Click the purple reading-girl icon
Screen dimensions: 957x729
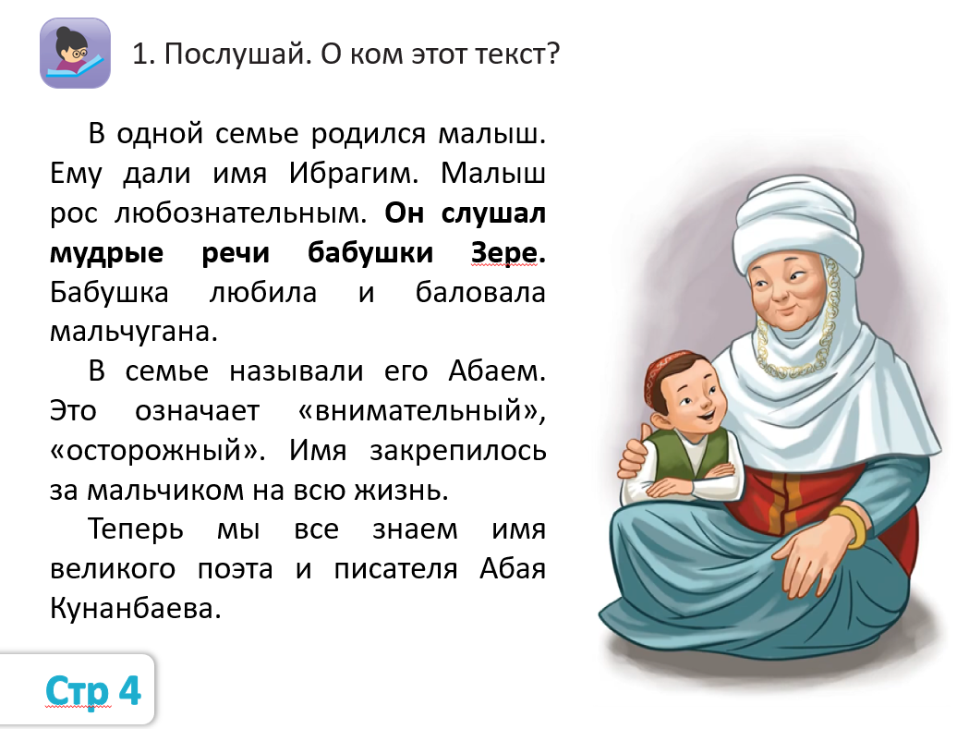pos(75,53)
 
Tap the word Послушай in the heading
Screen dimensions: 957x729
pos(235,55)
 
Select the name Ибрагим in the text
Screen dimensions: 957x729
pos(354,174)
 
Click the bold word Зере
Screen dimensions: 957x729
pos(508,253)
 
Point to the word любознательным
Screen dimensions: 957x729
pos(240,213)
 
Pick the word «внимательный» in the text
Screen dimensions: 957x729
pos(421,411)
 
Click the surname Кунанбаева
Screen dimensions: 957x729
pos(135,609)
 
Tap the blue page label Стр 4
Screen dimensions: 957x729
pos(93,691)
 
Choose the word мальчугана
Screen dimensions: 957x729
pos(134,332)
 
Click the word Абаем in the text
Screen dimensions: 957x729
pos(497,371)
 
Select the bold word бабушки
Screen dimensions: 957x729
pos(370,253)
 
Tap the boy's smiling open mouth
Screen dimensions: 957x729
pos(704,417)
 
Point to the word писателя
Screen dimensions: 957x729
pos(395,569)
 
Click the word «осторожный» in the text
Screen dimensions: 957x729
pos(157,451)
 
